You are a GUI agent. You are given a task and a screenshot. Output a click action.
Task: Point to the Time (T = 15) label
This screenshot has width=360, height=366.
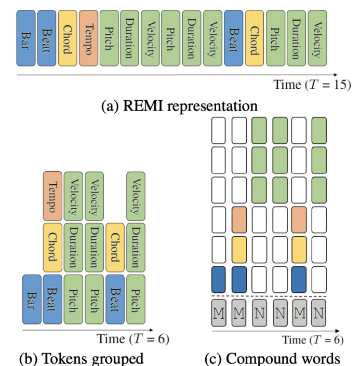pos(312,84)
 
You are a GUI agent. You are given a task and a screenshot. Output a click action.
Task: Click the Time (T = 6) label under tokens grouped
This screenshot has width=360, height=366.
pos(133,338)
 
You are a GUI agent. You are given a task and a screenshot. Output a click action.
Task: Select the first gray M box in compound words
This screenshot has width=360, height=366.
pos(219,313)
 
